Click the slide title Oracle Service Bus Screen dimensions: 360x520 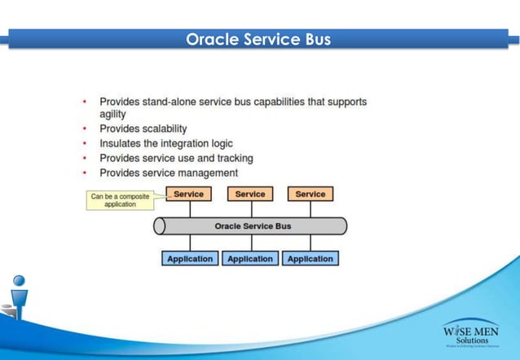pyautogui.click(x=258, y=39)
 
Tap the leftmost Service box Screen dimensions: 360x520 pyautogui.click(x=189, y=194)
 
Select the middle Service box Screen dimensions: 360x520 pyautogui.click(x=250, y=194)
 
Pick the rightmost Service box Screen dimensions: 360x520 pyautogui.click(x=311, y=194)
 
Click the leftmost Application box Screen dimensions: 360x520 pyautogui.click(x=190, y=258)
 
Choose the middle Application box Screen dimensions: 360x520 pyautogui.click(x=250, y=258)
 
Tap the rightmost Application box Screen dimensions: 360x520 pyautogui.click(x=311, y=258)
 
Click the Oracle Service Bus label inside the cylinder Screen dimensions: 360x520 pyautogui.click(x=253, y=226)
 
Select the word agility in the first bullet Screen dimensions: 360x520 pyautogui.click(x=113, y=115)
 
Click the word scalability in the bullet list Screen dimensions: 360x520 pyautogui.click(x=160, y=129)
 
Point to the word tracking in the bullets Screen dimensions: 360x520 pyautogui.click(x=234, y=158)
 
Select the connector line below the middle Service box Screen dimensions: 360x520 pyautogui.click(x=250, y=209)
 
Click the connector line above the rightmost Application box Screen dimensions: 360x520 pyautogui.click(x=311, y=243)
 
